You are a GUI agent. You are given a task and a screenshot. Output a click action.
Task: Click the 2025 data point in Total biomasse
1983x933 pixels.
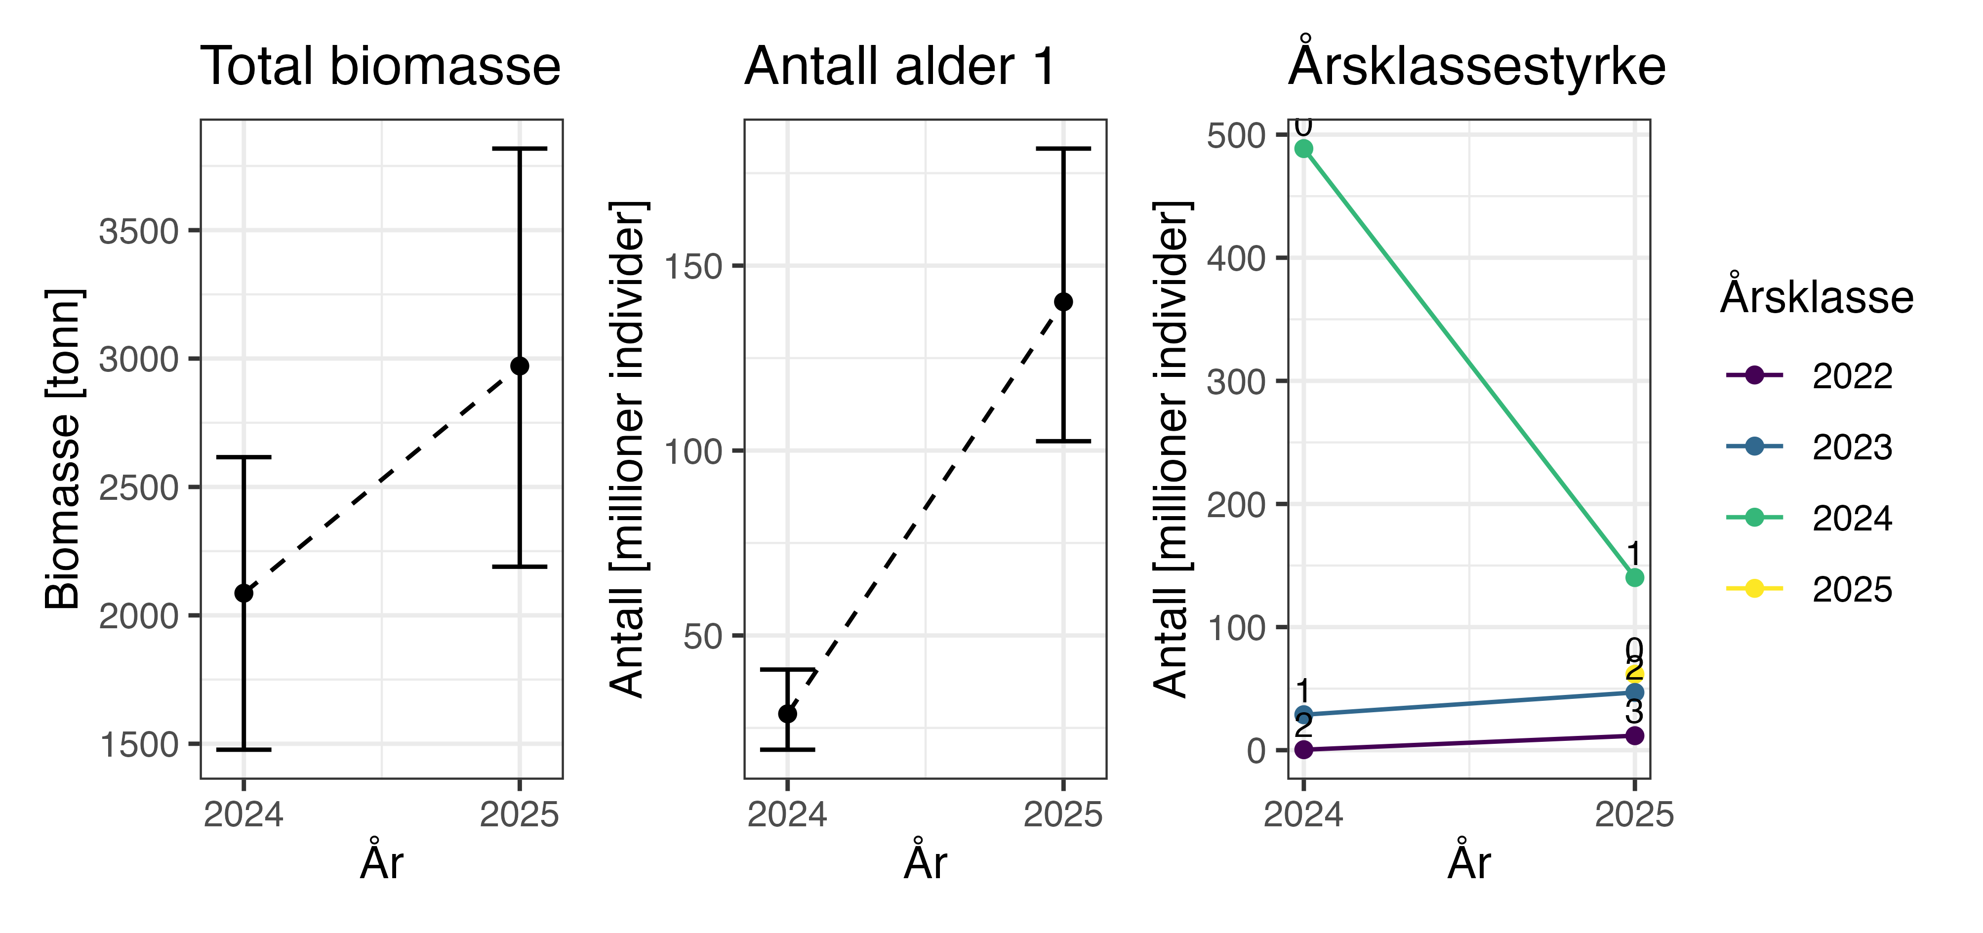[x=520, y=365]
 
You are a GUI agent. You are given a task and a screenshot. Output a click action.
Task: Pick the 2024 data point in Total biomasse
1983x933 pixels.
[x=244, y=593]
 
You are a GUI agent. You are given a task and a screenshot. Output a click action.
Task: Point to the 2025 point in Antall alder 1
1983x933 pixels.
[x=1063, y=302]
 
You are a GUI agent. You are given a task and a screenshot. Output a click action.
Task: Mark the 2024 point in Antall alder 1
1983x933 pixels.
[x=787, y=714]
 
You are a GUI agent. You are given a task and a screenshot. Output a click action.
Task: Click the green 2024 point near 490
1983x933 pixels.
[x=1303, y=149]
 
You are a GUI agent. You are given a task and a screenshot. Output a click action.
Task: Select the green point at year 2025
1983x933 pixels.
[x=1634, y=577]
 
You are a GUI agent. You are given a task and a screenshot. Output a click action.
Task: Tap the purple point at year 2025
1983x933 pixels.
[x=1634, y=736]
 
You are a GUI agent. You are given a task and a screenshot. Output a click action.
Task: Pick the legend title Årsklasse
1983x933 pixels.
[x=1817, y=297]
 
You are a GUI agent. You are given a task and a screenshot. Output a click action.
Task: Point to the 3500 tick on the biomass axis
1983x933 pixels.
[x=139, y=231]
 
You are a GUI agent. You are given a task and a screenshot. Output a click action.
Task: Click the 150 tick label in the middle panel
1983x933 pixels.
[x=693, y=266]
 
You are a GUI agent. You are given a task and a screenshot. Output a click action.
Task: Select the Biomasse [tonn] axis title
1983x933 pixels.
[x=63, y=449]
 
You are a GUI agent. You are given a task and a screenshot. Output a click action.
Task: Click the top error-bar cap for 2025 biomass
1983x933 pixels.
[x=520, y=149]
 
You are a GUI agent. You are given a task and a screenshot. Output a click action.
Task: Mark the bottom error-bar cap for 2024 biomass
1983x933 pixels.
[x=244, y=749]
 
